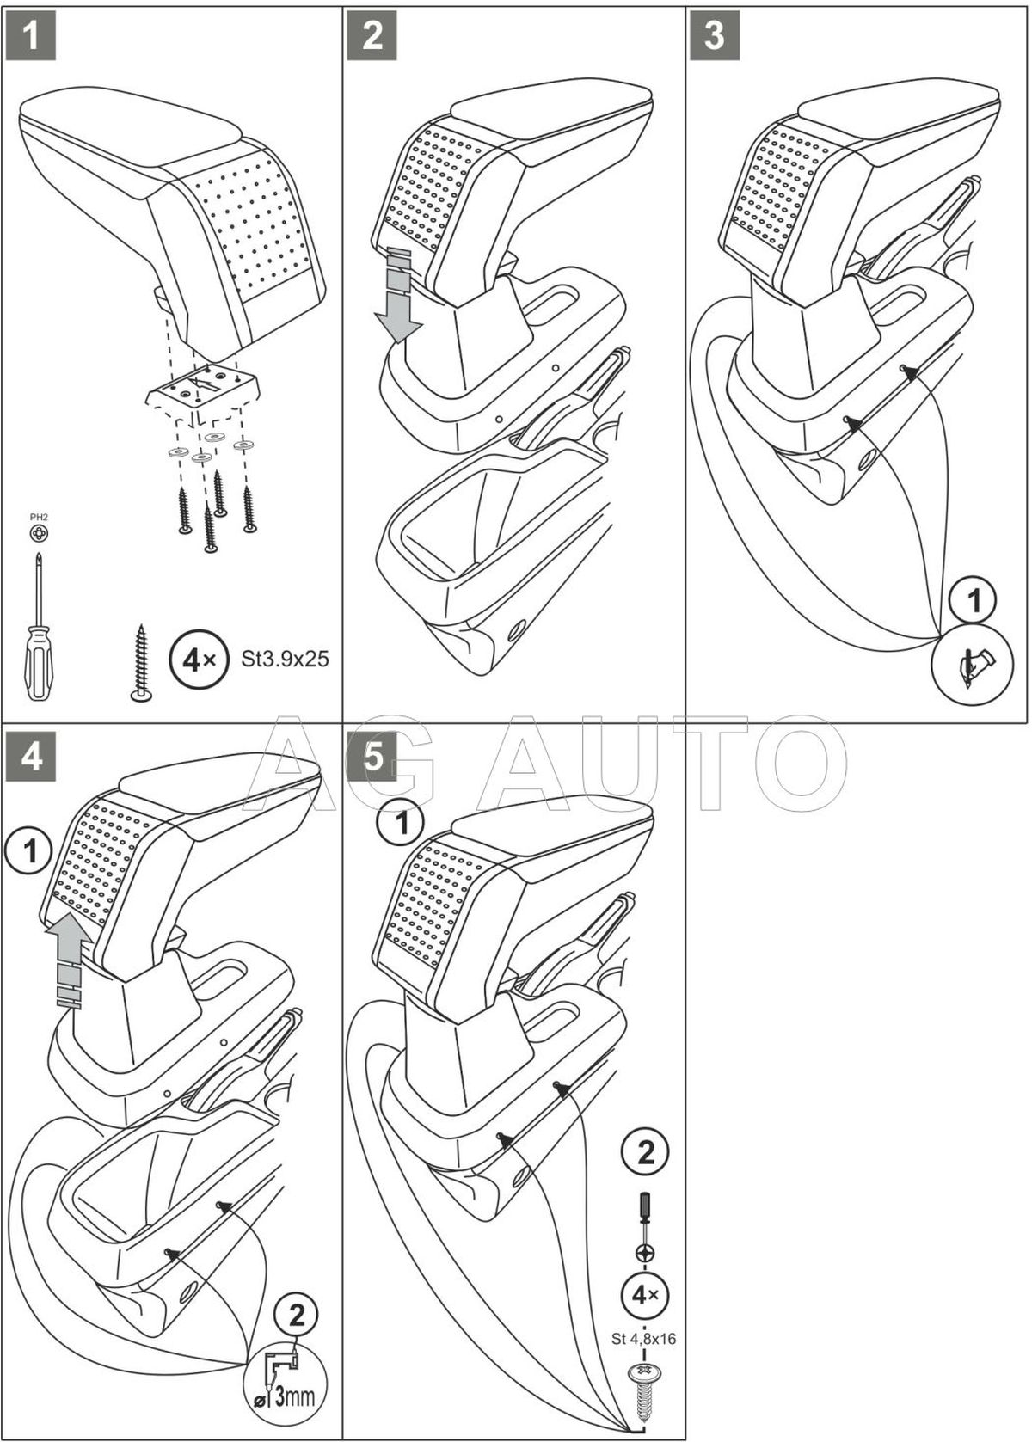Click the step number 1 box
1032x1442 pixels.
31,35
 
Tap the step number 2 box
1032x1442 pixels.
372,35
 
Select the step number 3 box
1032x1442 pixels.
715,35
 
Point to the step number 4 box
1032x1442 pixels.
31,758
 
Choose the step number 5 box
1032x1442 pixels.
372,758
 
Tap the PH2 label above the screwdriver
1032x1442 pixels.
39,517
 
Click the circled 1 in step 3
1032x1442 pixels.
974,602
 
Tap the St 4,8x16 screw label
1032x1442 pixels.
644,1338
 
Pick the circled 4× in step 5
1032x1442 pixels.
645,1293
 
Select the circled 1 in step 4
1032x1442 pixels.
31,851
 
